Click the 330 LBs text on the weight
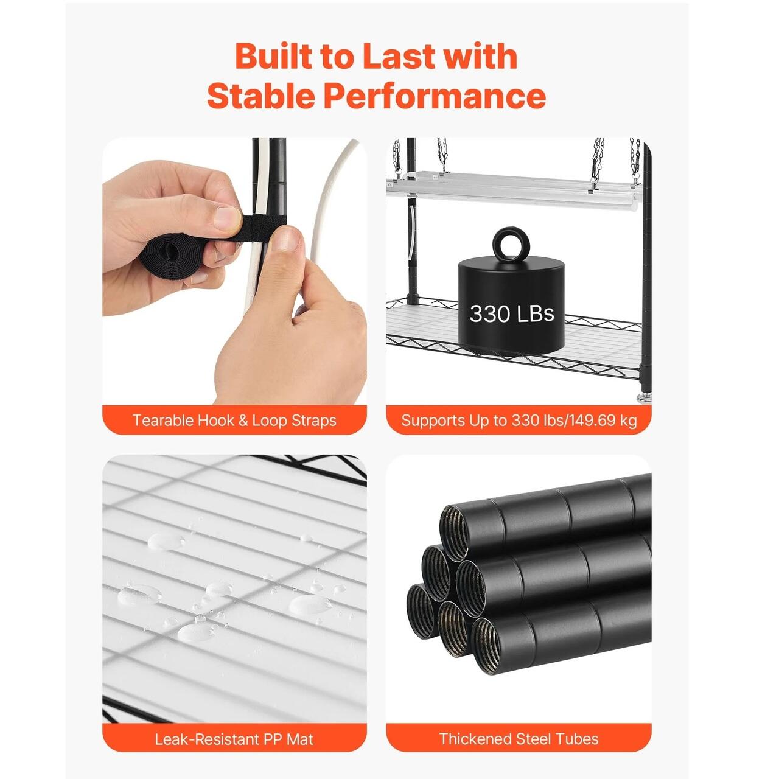(511, 313)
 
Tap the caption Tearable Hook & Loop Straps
(234, 421)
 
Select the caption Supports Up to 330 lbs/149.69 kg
(519, 421)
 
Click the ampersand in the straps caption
(243, 421)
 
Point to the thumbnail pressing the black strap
(226, 218)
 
